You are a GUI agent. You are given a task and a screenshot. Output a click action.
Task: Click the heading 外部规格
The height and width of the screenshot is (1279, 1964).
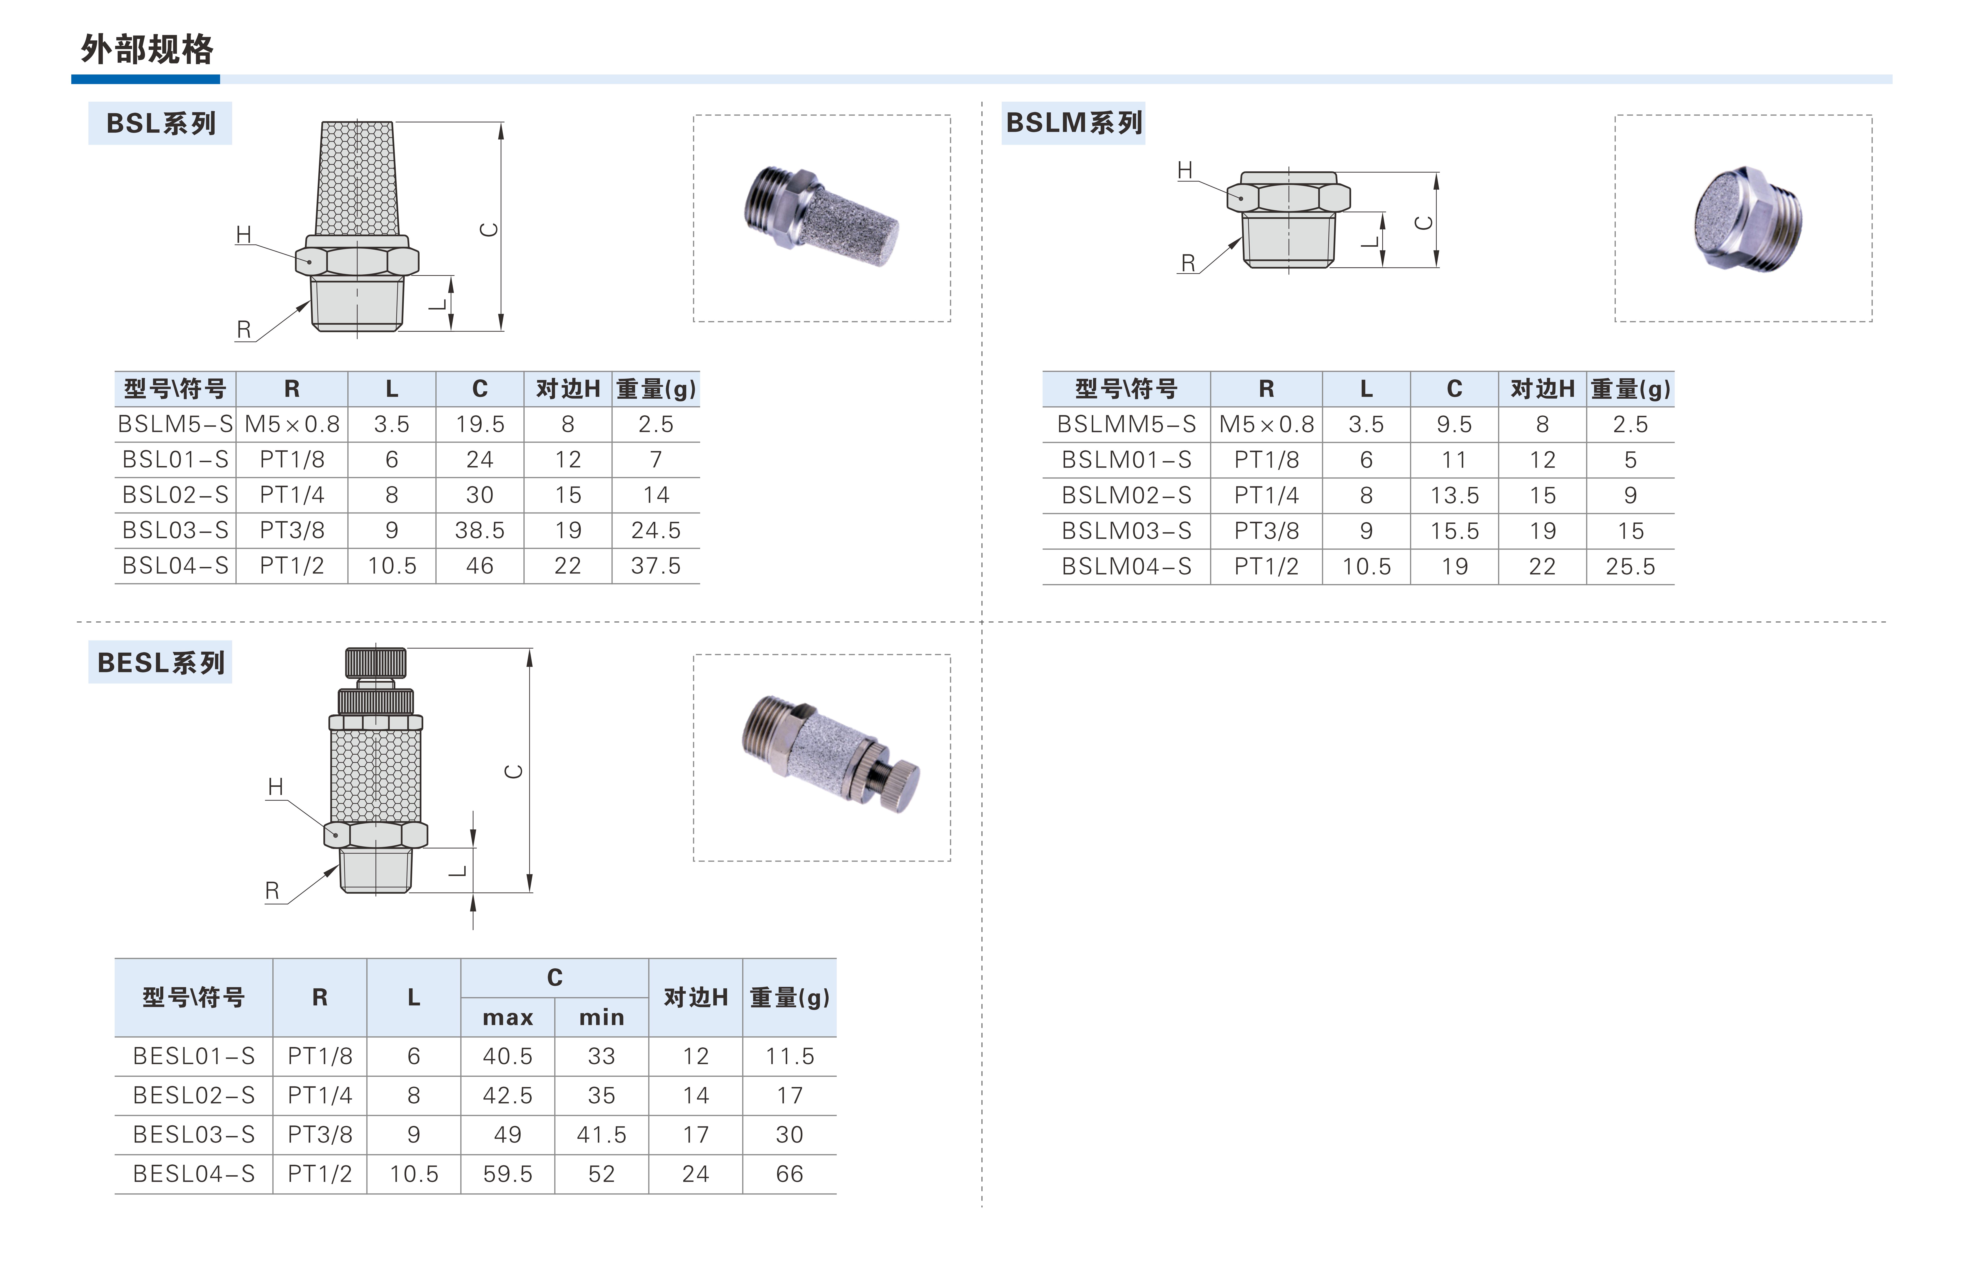(x=147, y=49)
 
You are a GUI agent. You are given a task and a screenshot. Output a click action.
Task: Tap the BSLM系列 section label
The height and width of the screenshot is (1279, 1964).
(x=1074, y=123)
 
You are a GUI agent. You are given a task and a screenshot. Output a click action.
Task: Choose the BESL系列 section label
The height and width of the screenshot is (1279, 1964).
(x=161, y=663)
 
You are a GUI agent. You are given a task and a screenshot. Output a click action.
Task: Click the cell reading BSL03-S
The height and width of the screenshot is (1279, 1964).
(x=175, y=530)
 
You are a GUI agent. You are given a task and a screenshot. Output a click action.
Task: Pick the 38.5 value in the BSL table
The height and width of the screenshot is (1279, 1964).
(x=479, y=530)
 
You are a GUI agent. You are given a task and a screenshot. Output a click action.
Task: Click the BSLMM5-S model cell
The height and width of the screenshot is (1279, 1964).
(x=1126, y=424)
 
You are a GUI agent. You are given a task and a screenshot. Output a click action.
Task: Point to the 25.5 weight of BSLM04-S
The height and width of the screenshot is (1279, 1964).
(x=1630, y=566)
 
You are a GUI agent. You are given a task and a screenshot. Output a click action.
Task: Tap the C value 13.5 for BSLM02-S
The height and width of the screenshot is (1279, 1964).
(x=1454, y=495)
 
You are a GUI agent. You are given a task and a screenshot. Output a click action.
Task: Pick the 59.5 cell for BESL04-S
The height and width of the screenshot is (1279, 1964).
(x=508, y=1173)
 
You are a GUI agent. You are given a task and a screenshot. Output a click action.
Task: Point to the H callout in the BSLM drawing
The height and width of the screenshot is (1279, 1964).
(x=1185, y=170)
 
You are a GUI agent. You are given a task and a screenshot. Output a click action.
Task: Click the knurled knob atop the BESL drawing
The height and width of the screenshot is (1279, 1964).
(x=376, y=663)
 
